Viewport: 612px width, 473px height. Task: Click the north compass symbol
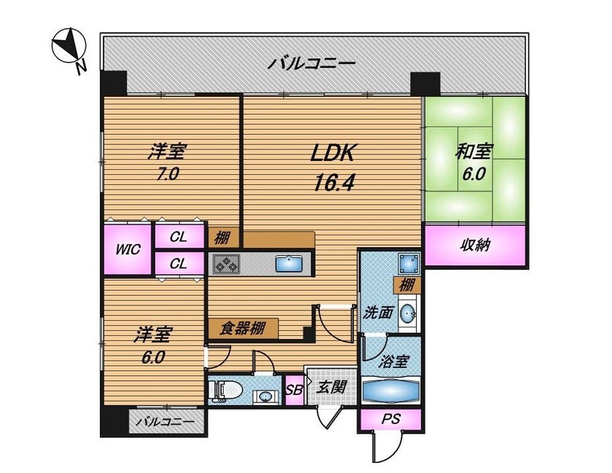point(69,47)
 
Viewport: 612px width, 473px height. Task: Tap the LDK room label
point(332,153)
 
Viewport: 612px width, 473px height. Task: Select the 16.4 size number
point(334,181)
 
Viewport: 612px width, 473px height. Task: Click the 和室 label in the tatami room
point(474,152)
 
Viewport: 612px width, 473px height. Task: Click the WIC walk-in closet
point(127,249)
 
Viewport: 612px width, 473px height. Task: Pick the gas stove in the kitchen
point(226,264)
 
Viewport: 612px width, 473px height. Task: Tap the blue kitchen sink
point(289,264)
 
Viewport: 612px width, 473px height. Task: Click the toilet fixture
point(226,391)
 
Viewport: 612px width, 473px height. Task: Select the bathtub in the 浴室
point(391,390)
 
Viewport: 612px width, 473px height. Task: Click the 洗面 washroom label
point(377,313)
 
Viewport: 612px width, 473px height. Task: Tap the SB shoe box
point(294,390)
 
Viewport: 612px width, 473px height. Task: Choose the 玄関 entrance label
point(331,387)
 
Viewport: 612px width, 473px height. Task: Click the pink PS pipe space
point(391,420)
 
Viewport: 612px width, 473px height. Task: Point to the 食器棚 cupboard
point(243,328)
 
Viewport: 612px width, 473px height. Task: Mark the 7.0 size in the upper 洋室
point(168,173)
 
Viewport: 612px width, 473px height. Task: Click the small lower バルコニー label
point(166,422)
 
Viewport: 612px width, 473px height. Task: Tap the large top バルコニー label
point(312,63)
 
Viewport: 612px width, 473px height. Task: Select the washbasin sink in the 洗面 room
point(408,313)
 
